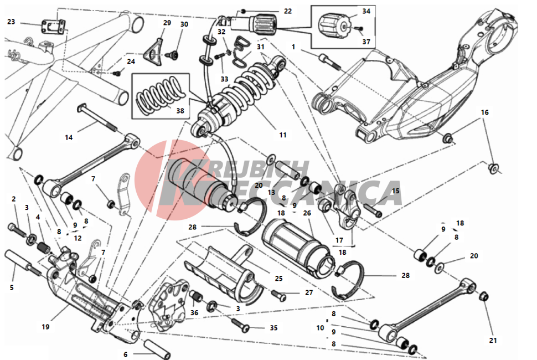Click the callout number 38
[x=180, y=111]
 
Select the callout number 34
[x=366, y=11]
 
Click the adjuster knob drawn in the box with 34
[x=332, y=26]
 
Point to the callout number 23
[x=11, y=22]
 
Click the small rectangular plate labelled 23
[x=54, y=27]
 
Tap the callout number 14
[x=69, y=137]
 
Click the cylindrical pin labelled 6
[x=157, y=348]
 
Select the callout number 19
[x=45, y=327]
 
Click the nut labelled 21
[x=483, y=297]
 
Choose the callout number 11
[x=282, y=135]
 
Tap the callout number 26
[x=307, y=213]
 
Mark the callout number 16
[x=484, y=112]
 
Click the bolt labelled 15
[x=373, y=209]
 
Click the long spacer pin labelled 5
[x=23, y=264]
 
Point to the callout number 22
[x=288, y=11]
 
